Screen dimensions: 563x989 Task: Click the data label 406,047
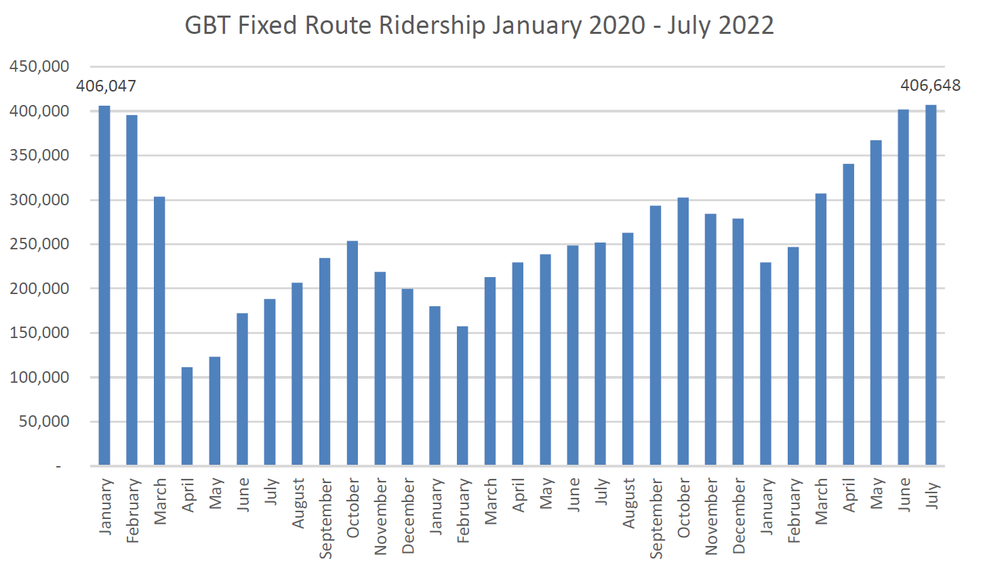106,86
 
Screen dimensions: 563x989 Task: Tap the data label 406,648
930,85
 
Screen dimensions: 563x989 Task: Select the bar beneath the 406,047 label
104,285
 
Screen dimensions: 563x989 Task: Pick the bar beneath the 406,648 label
931,285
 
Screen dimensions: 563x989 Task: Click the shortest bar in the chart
187,416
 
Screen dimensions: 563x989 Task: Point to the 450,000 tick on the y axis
39,66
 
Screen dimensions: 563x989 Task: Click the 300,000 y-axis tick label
39,200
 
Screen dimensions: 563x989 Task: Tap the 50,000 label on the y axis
43,421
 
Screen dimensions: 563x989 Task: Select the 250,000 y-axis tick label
39,244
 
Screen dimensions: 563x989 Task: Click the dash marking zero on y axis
58,466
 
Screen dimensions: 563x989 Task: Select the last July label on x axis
932,495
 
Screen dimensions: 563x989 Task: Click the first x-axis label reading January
106,506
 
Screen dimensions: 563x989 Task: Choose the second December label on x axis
739,516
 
